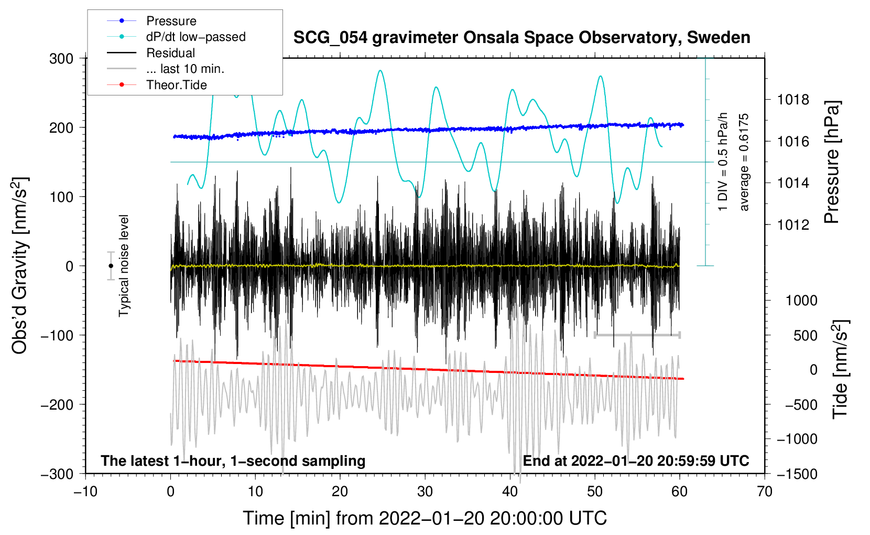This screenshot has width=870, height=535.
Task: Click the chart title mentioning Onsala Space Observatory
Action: [521, 38]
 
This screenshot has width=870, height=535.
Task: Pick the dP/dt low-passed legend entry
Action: [195, 37]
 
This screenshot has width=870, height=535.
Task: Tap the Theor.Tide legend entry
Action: [176, 85]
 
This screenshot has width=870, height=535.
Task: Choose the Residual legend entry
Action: [170, 53]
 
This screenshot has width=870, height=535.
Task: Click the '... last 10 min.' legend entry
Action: [185, 69]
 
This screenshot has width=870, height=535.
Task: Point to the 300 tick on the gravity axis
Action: [61, 58]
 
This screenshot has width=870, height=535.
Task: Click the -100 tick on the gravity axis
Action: [57, 335]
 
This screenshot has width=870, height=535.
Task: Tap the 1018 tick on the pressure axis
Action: [793, 100]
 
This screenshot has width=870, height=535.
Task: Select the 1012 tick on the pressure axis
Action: [793, 224]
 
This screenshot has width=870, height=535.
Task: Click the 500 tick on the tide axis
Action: [805, 335]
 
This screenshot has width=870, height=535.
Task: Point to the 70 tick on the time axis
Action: [765, 491]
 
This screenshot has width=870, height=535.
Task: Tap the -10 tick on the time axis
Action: [85, 491]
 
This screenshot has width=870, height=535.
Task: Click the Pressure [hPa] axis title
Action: [832, 163]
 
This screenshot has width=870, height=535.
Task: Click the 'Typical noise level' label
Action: [124, 265]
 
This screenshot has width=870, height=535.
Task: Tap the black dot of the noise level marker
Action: [111, 266]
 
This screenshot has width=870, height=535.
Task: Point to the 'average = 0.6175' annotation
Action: [744, 163]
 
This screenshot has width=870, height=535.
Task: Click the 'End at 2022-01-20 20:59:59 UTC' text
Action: [636, 461]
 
